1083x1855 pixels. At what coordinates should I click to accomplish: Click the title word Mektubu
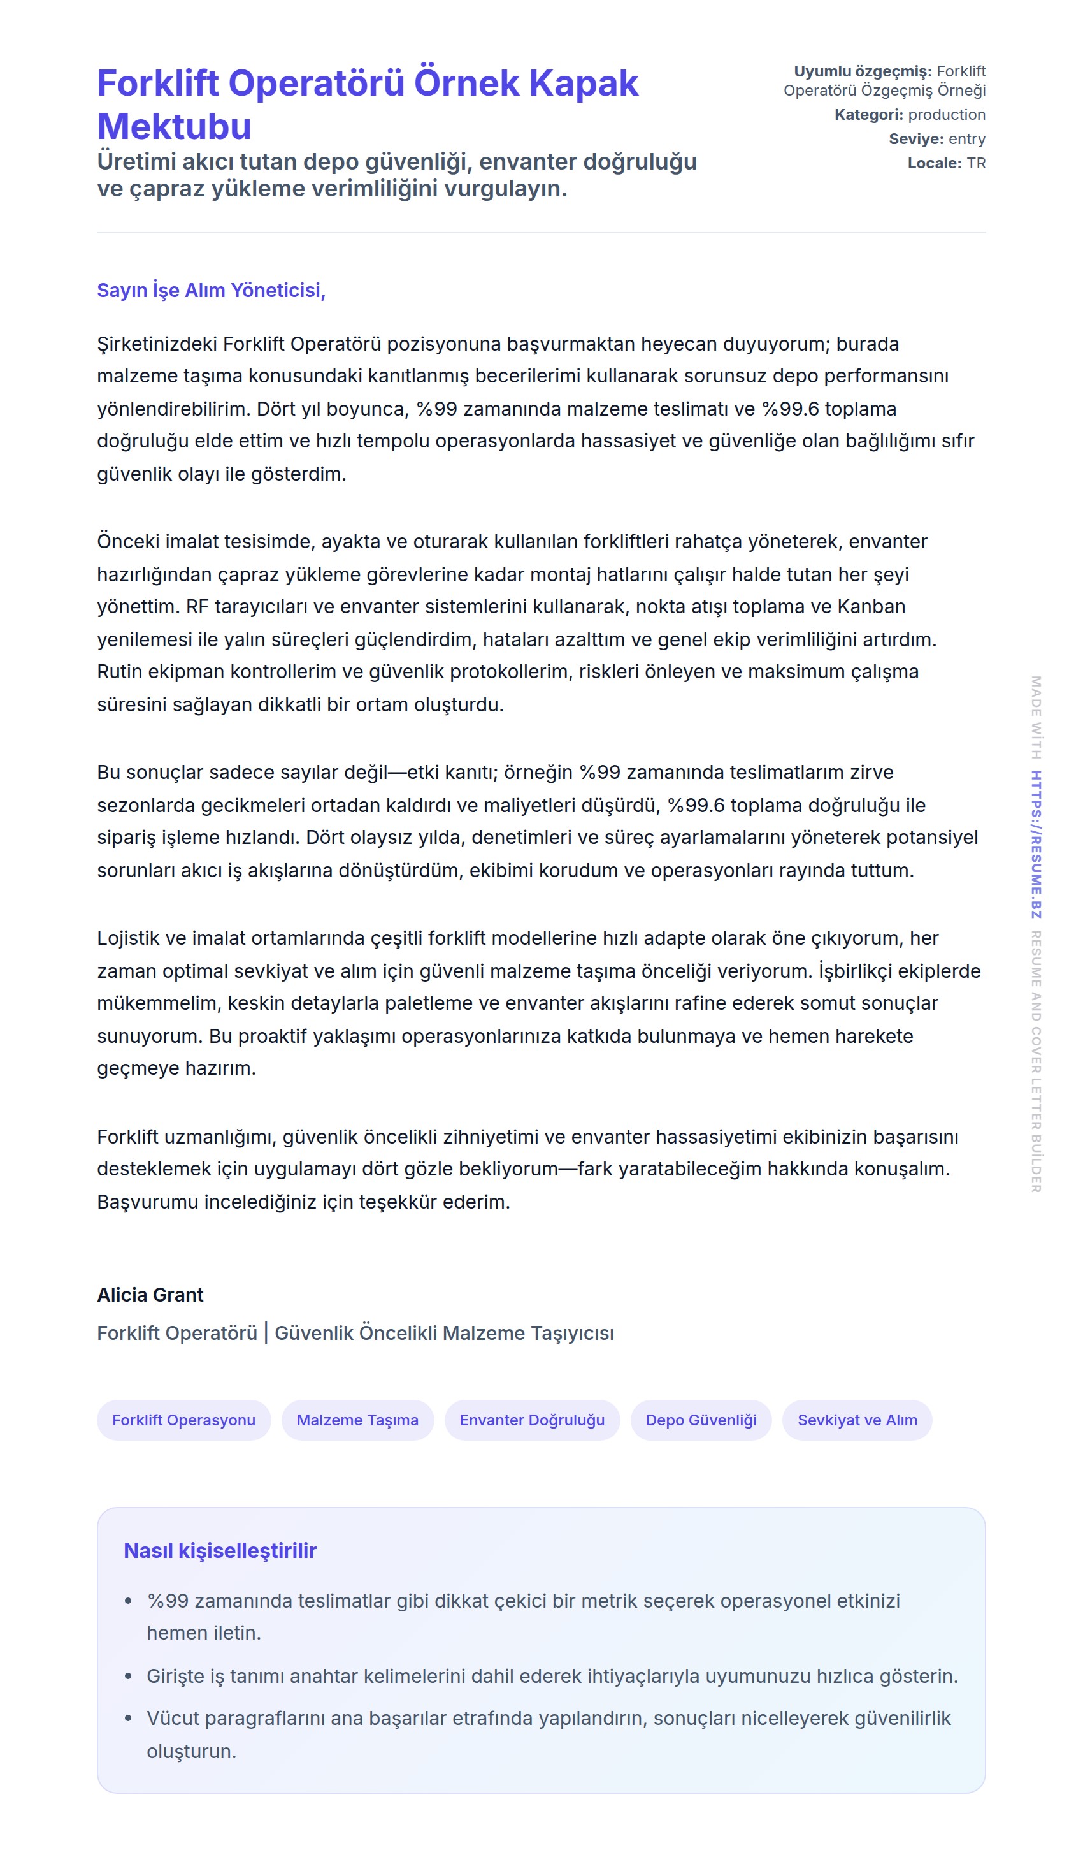175,127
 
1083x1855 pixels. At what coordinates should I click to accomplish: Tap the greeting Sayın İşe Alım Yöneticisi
211,290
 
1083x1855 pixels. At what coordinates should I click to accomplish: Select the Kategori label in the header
868,115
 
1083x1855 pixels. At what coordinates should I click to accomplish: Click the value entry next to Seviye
967,139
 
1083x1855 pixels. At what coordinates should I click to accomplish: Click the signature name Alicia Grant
150,1295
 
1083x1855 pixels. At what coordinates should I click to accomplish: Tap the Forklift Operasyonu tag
184,1420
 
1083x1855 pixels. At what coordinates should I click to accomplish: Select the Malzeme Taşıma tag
357,1420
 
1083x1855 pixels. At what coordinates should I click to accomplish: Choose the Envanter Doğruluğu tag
532,1420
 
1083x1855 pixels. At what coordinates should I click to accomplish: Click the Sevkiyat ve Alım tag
857,1420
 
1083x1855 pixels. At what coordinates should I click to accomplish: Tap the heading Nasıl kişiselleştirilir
220,1550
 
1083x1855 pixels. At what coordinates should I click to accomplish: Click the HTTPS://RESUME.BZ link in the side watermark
1036,845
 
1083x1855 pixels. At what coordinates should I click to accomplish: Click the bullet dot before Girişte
129,1677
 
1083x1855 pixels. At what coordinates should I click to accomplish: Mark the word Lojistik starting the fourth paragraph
128,938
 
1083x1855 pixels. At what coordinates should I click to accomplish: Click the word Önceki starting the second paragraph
128,542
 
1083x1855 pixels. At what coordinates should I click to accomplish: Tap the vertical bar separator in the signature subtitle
266,1333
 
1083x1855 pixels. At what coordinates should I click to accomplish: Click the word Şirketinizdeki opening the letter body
157,344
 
